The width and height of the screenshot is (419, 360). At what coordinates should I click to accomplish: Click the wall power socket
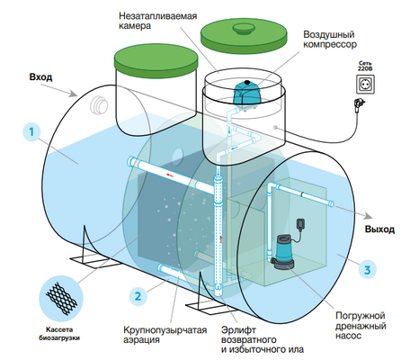(x=365, y=85)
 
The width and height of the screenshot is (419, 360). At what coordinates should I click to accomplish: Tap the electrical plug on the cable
(x=360, y=104)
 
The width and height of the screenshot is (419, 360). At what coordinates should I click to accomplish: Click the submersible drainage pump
(x=284, y=251)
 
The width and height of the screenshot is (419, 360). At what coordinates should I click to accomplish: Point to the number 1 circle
(x=31, y=132)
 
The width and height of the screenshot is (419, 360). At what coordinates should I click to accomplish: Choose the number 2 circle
(x=138, y=296)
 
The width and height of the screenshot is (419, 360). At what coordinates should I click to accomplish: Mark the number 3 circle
(x=367, y=270)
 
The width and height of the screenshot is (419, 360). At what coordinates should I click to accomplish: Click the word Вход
(x=40, y=77)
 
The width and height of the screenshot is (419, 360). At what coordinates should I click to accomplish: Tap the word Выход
(x=379, y=229)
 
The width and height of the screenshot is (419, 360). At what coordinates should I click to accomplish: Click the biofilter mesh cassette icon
(x=61, y=299)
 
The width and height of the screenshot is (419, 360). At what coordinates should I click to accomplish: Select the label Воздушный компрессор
(x=330, y=40)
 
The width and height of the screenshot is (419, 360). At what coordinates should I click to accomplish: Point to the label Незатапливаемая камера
(x=158, y=21)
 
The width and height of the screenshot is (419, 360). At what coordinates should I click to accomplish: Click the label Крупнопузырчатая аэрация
(x=165, y=335)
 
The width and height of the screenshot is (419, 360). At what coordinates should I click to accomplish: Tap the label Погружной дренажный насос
(x=361, y=326)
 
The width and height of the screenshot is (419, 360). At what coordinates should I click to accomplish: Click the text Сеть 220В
(x=365, y=66)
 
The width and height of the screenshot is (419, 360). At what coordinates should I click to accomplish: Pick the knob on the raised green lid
(x=244, y=29)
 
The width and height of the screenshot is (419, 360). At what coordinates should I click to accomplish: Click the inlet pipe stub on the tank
(x=99, y=105)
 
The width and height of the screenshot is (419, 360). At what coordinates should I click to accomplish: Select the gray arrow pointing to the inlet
(x=58, y=90)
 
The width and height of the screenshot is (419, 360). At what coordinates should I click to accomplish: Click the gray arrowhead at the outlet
(x=369, y=216)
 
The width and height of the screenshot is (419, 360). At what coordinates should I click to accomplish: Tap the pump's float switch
(x=300, y=224)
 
